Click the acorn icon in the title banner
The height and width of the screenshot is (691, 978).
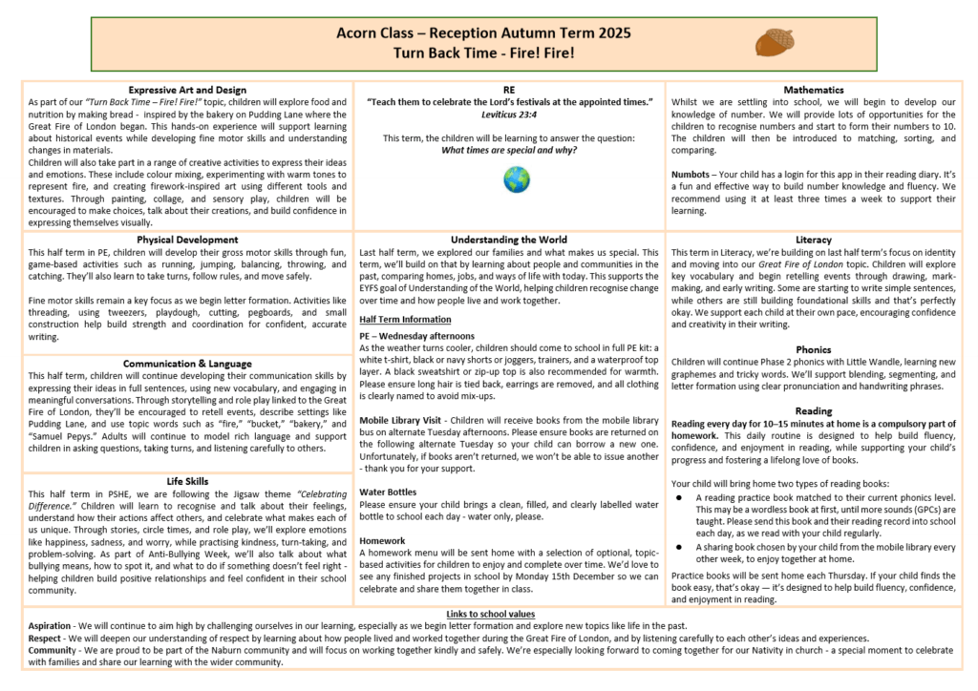(775, 42)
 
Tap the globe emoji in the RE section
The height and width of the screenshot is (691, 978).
(517, 178)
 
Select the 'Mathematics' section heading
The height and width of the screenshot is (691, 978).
(813, 90)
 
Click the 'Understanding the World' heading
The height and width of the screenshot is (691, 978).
(509, 240)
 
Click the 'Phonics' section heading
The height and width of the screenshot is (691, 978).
(813, 349)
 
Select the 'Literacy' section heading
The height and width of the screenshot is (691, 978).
(813, 240)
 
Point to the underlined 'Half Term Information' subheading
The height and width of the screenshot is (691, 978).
(405, 320)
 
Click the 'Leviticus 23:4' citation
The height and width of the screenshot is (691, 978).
(509, 114)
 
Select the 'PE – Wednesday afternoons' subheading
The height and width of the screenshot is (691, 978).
(417, 336)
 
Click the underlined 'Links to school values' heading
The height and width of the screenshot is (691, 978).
(491, 613)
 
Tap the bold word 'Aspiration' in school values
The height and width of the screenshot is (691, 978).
(56, 625)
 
